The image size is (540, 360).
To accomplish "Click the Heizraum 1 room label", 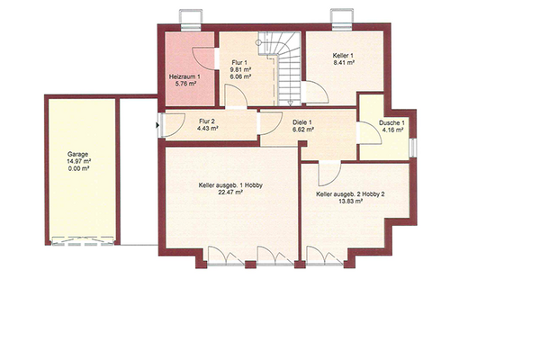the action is pyautogui.click(x=184, y=76).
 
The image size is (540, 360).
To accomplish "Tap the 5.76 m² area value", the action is pyautogui.click(x=185, y=84).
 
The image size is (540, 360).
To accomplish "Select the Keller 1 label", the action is pyautogui.click(x=343, y=56).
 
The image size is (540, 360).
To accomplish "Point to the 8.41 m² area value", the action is pyautogui.click(x=344, y=63).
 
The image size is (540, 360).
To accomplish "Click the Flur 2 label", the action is pyautogui.click(x=207, y=121).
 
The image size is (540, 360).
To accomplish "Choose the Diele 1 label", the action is pyautogui.click(x=302, y=122).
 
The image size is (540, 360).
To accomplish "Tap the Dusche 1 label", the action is pyautogui.click(x=391, y=123).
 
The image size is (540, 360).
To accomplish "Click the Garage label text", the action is pyautogui.click(x=77, y=154).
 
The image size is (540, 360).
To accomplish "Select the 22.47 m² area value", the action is pyautogui.click(x=230, y=193).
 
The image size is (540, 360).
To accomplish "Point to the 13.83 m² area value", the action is pyautogui.click(x=350, y=202).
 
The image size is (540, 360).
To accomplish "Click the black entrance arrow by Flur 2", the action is pyautogui.click(x=157, y=125).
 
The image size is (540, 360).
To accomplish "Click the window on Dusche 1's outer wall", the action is pyautogui.click(x=413, y=148).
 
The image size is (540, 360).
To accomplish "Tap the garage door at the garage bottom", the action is pyautogui.click(x=83, y=241).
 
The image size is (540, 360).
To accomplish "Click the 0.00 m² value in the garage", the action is pyautogui.click(x=79, y=168).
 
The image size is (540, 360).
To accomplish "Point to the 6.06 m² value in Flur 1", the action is pyautogui.click(x=240, y=76).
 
